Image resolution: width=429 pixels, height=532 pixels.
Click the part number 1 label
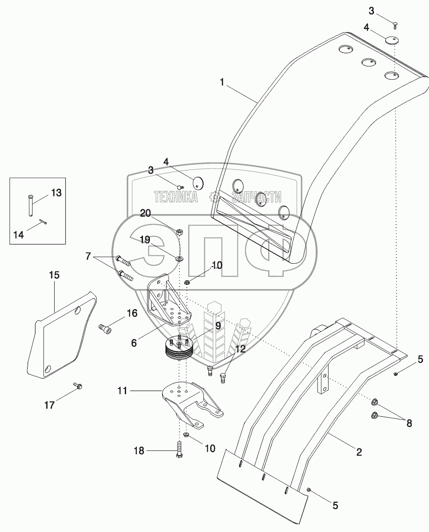222,82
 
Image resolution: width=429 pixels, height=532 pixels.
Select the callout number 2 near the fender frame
359,453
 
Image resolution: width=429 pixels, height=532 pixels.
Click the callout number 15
54,275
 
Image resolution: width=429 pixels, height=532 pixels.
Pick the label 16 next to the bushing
119,313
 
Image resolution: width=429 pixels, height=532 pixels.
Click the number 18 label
138,450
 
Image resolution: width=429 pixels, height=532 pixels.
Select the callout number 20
146,213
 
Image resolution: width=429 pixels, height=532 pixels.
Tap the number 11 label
123,391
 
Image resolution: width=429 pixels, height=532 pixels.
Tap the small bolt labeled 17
78,385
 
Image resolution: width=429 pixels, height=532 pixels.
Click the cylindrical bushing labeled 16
105,330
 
